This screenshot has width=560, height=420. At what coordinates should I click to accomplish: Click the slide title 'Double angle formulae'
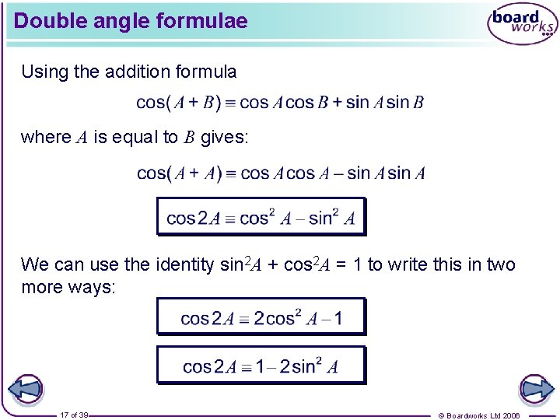[x=131, y=21]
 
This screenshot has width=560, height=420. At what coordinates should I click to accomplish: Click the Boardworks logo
[x=522, y=24]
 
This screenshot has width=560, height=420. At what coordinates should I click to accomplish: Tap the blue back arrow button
[x=25, y=389]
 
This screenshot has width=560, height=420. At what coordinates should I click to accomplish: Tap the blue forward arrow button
[x=536, y=389]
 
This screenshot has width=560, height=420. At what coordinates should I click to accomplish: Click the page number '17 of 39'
[x=74, y=415]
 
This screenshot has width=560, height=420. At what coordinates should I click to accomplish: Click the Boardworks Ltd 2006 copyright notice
[x=479, y=415]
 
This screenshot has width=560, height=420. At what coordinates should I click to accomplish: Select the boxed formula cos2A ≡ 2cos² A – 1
[x=261, y=317]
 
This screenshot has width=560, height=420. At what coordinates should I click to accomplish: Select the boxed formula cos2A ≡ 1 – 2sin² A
[x=261, y=366]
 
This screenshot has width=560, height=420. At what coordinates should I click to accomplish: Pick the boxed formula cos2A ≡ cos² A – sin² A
[x=261, y=218]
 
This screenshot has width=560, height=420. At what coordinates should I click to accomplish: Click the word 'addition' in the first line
[x=135, y=72]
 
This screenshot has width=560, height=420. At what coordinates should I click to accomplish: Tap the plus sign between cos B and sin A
[x=337, y=103]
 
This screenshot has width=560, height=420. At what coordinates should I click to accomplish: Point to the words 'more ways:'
[x=68, y=287]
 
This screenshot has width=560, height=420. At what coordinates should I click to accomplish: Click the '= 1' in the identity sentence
[x=351, y=265]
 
